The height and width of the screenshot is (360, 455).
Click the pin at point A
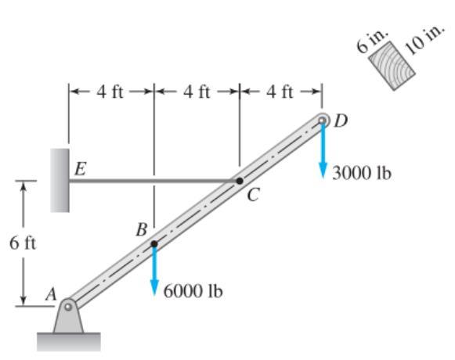coord(68,307)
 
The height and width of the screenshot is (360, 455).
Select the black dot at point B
coord(154,244)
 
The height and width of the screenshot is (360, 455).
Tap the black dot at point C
coord(240,181)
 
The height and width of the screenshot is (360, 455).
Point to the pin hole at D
coord(322,120)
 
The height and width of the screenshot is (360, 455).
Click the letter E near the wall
coord(81,169)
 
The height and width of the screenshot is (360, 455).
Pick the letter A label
coord(51,295)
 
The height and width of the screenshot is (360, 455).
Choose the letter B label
coord(142,230)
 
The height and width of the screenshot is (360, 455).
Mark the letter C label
coord(253,195)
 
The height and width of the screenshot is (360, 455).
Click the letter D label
coord(341,121)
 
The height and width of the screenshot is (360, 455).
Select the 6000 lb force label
coord(193,291)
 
